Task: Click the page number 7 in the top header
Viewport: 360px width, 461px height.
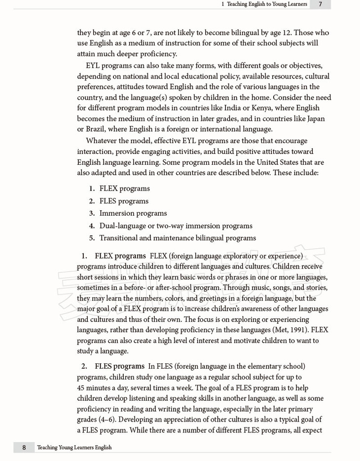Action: click(320, 4)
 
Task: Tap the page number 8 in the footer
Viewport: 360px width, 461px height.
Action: click(24, 447)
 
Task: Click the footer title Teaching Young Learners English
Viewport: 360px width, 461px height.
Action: click(74, 447)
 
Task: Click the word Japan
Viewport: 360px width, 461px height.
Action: click(314, 118)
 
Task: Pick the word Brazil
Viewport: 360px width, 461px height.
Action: click(96, 129)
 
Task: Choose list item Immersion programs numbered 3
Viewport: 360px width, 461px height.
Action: click(133, 213)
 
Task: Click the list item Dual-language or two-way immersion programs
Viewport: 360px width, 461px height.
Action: click(176, 226)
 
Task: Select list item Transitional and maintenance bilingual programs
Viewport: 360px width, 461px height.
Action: click(178, 238)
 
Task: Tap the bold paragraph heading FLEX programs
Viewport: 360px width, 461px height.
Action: click(120, 256)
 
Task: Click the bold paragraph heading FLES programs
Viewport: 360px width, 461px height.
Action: click(119, 366)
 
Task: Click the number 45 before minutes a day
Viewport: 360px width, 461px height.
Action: click(81, 387)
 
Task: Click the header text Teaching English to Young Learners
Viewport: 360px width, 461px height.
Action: click(266, 4)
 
